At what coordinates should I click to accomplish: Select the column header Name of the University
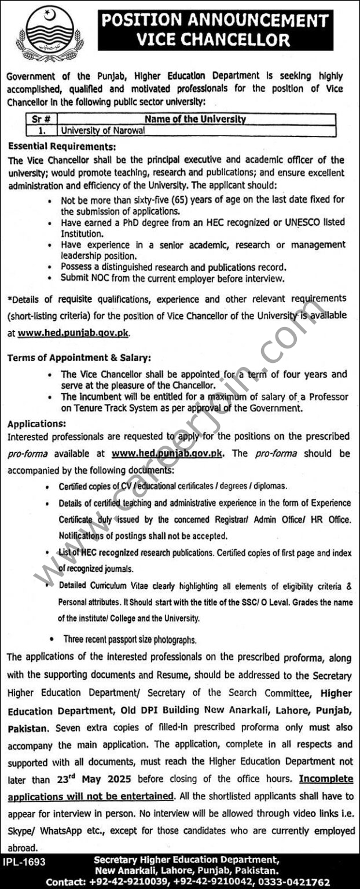pos(195,119)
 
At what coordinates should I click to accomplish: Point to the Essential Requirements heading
pos(61,147)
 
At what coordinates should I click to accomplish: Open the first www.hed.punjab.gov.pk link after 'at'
pos(74,333)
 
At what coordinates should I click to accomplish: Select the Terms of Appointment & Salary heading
pos(79,358)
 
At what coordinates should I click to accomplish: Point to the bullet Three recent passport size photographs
pos(127,640)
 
